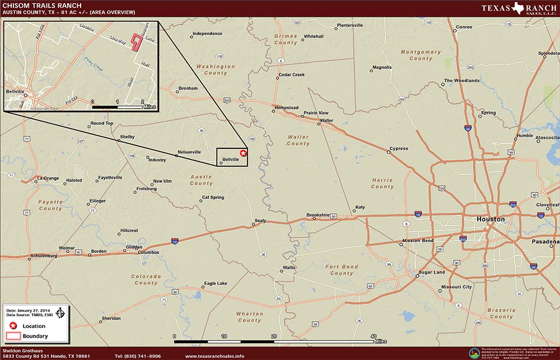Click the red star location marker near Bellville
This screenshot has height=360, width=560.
tap(243, 153)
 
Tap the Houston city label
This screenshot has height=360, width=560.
tap(490, 219)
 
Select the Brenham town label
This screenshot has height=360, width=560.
tap(188, 88)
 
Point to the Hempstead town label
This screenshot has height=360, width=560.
tap(286, 107)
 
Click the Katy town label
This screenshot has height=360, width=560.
tap(360, 208)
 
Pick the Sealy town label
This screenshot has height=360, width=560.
tap(260, 221)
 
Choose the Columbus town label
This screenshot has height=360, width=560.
tap(148, 253)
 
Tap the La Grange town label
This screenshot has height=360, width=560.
tap(48, 179)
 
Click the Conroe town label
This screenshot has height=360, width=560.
tap(464, 27)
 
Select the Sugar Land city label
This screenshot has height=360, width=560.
tap(432, 273)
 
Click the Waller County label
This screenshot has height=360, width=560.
tap(298, 140)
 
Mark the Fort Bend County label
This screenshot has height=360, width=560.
tap(342, 270)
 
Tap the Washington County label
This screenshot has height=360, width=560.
tap(216, 69)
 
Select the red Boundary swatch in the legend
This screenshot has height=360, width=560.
tap(13, 336)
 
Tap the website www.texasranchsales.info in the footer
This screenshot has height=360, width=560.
tap(214, 356)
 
